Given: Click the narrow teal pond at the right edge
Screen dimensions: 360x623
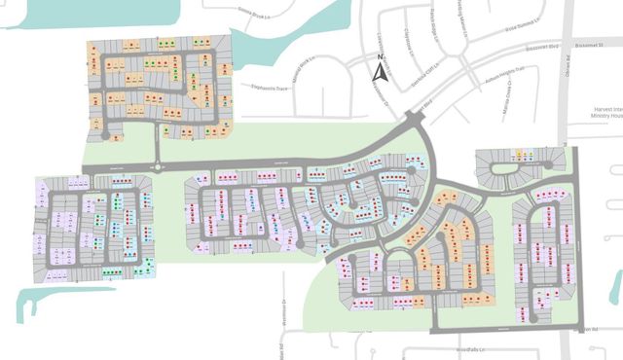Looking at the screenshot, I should pyautogui.click(x=615, y=286).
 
